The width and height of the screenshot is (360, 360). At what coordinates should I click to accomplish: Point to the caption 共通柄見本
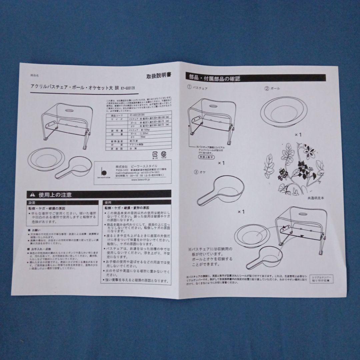[316, 198]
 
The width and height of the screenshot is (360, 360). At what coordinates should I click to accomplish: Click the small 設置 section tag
[32, 202]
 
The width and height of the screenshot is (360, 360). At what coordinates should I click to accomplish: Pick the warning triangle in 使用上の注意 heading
[33, 194]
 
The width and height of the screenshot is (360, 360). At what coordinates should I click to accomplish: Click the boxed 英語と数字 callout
[206, 156]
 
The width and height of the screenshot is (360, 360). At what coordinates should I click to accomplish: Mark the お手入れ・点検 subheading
[39, 249]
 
